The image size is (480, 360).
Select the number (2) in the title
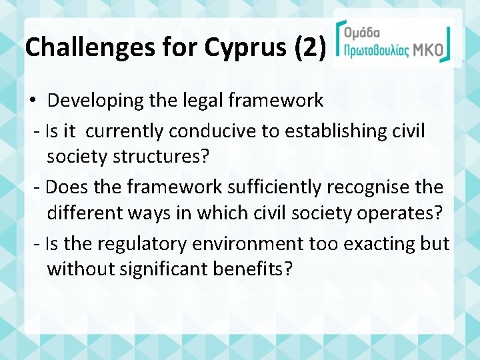click(x=309, y=47)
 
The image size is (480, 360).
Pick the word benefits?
click(x=256, y=269)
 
